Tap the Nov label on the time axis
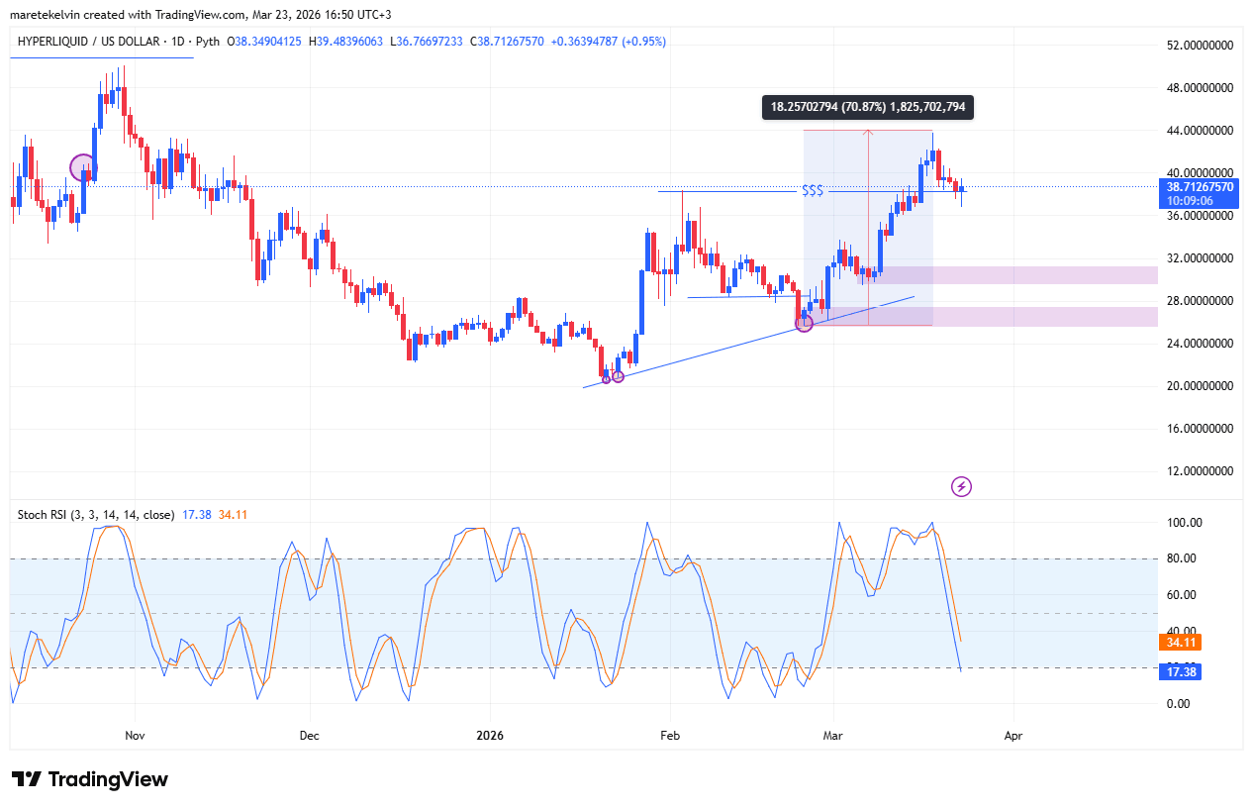[x=136, y=736]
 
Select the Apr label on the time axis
[x=1012, y=736]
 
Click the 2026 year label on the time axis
[x=490, y=736]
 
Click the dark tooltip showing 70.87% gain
[x=867, y=107]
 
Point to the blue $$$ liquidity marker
[x=813, y=190]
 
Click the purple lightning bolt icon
[x=961, y=486]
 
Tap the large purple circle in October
[x=83, y=168]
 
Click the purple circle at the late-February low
[x=804, y=323]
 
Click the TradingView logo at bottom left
[x=89, y=779]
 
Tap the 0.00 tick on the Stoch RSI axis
[x=1178, y=704]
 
